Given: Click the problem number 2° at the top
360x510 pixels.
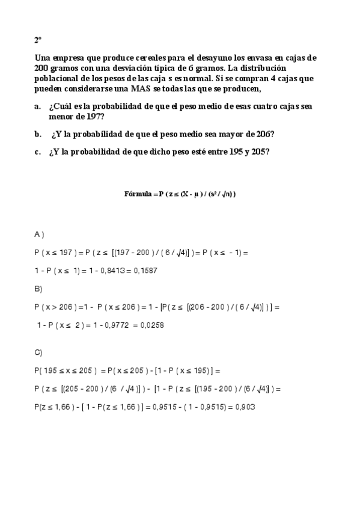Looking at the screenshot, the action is (37, 40).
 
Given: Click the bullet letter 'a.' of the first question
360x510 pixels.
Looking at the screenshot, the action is (37, 106).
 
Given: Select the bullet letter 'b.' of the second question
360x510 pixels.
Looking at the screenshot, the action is (37, 134).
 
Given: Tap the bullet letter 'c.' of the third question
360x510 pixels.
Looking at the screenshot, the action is (37, 152).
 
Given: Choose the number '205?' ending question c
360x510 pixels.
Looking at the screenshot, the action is (258, 152).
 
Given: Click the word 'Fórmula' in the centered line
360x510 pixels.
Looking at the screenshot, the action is (137, 194).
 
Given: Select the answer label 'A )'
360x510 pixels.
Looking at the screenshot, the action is (39, 233).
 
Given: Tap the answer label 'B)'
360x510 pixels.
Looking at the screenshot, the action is (38, 289).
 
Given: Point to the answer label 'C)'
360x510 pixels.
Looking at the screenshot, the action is (38, 352).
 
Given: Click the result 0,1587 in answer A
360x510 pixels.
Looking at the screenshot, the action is (145, 271).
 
